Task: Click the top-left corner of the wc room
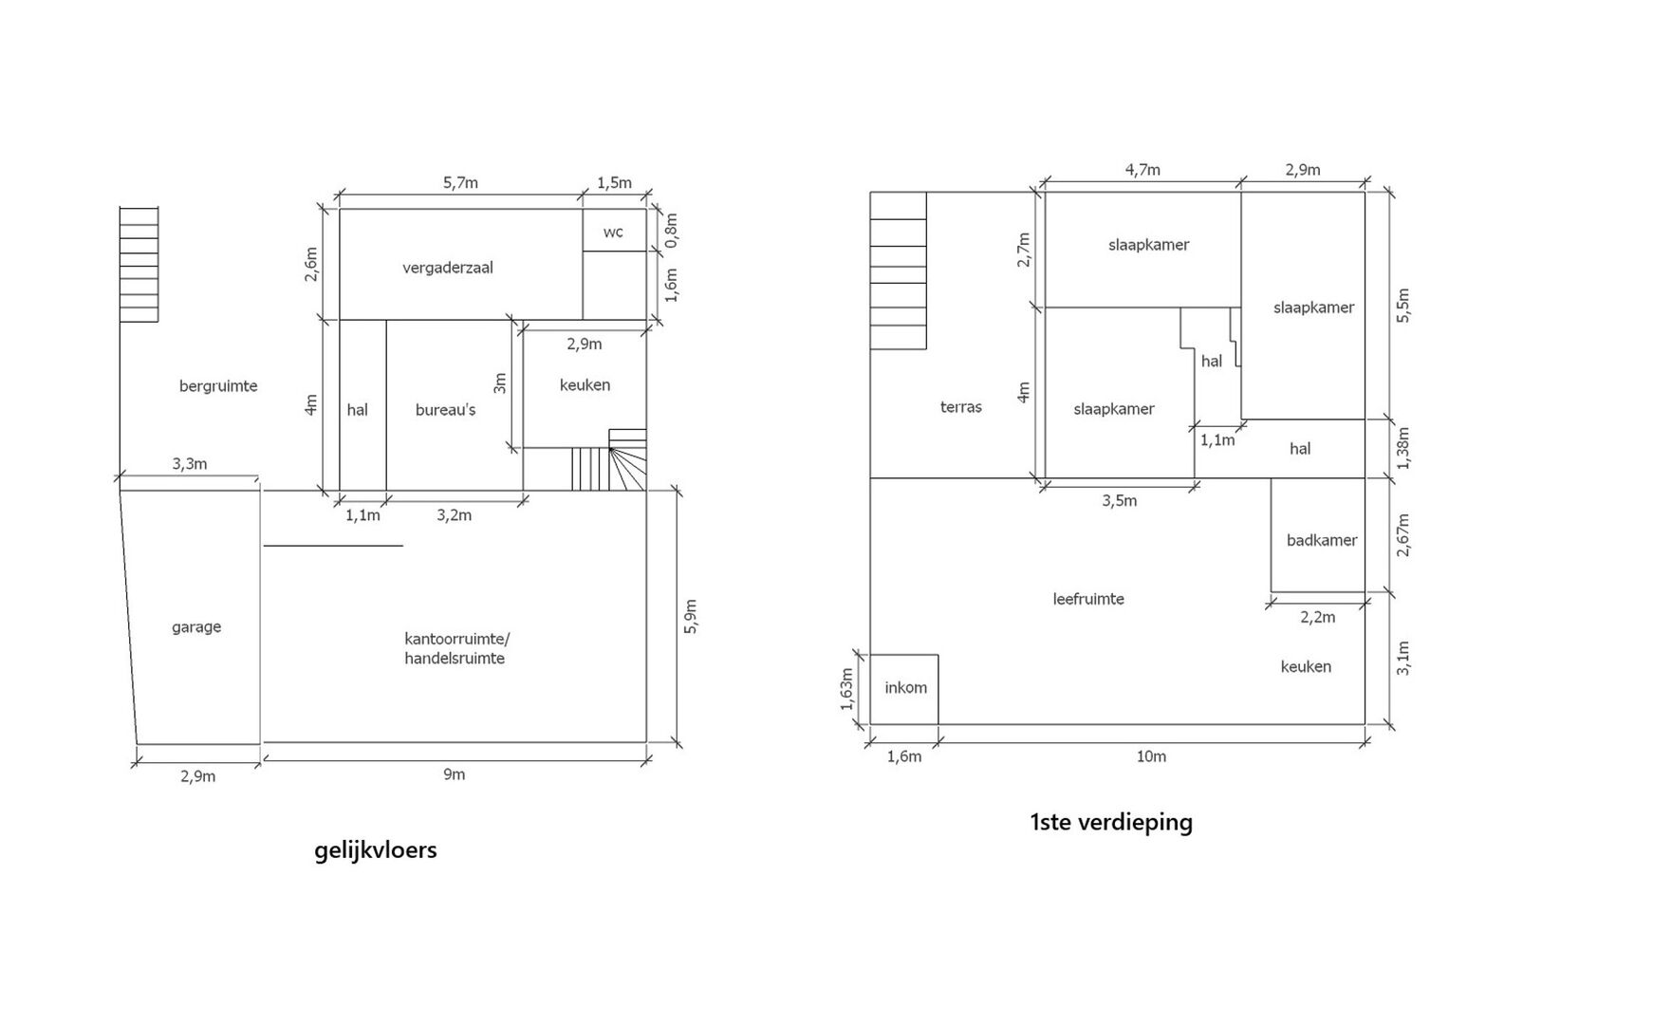[x=583, y=209]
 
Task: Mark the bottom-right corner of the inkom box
[x=938, y=724]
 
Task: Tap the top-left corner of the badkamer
[x=1272, y=478]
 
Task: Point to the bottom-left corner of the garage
[x=137, y=744]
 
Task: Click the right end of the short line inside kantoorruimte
[x=403, y=546]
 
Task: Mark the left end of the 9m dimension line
[x=264, y=759]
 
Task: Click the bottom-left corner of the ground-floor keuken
[x=524, y=448]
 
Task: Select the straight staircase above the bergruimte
[x=139, y=265]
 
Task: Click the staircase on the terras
[x=898, y=270]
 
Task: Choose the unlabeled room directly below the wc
[x=615, y=286]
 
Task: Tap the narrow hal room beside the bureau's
[x=362, y=405]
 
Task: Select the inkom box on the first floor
[x=904, y=689]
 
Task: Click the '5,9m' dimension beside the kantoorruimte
[x=691, y=617]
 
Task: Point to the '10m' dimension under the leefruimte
[x=1151, y=756]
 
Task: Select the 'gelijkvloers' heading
[x=376, y=849]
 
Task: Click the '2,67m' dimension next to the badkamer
[x=1403, y=535]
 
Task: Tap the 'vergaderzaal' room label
[x=448, y=268]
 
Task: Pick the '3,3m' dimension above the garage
[x=190, y=464]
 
